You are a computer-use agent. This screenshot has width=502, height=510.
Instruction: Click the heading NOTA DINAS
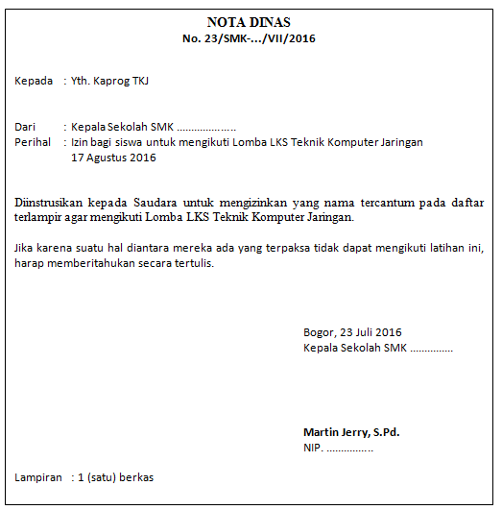[249, 22]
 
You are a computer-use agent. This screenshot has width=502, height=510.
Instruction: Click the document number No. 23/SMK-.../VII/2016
[249, 38]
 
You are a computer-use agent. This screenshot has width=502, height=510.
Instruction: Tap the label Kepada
[34, 81]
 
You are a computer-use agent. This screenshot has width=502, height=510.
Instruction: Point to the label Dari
[25, 127]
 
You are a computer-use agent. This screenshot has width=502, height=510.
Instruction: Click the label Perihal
[34, 142]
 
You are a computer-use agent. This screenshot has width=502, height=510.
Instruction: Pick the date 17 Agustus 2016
[113, 158]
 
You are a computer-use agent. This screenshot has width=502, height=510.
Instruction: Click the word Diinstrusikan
[47, 203]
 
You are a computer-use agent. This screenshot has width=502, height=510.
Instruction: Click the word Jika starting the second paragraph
[25, 248]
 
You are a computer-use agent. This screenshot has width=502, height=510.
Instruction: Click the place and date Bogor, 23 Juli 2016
[352, 332]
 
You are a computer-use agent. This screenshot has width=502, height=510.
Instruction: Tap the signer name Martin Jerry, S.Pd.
[351, 432]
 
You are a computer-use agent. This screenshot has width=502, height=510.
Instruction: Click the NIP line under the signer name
[338, 448]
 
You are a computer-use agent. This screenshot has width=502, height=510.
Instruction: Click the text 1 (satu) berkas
[115, 477]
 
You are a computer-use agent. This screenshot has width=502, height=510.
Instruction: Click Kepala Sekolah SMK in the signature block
[355, 348]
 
